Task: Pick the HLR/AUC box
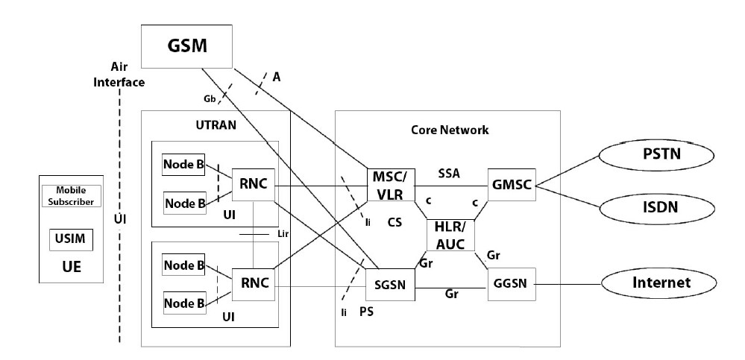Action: (x=450, y=236)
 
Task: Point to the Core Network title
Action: (x=450, y=130)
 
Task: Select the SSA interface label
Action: (x=449, y=172)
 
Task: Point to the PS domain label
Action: (x=365, y=311)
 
